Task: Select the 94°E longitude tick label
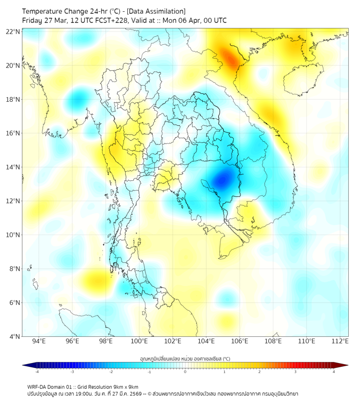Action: click(x=39, y=341)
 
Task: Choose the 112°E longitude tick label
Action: click(x=340, y=341)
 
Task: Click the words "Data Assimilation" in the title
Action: click(x=157, y=11)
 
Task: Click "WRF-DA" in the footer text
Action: click(x=37, y=386)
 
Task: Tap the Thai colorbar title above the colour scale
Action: click(x=185, y=358)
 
